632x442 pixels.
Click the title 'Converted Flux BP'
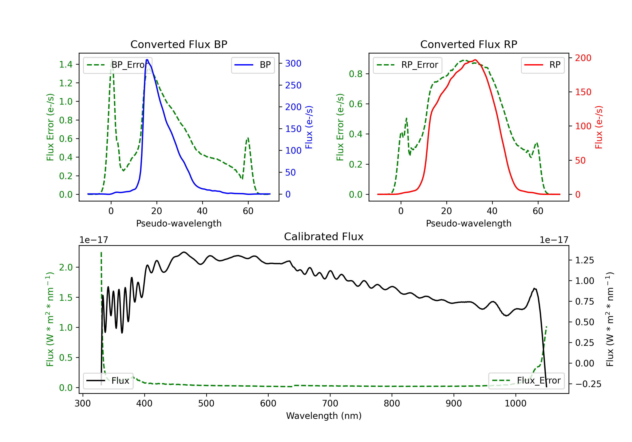(179, 44)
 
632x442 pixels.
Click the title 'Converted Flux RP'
(469, 44)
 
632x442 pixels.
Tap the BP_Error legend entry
(118, 65)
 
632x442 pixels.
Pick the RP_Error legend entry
(407, 65)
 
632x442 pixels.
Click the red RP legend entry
(542, 65)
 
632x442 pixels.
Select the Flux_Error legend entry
(526, 381)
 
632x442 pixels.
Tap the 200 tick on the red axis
(583, 58)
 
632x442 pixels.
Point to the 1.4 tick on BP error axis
(66, 64)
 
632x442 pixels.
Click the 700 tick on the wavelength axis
(330, 403)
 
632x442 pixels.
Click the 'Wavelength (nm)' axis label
(324, 416)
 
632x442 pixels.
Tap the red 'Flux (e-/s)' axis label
(599, 127)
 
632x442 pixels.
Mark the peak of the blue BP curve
(147, 60)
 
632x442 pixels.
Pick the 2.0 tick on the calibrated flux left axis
(66, 267)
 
